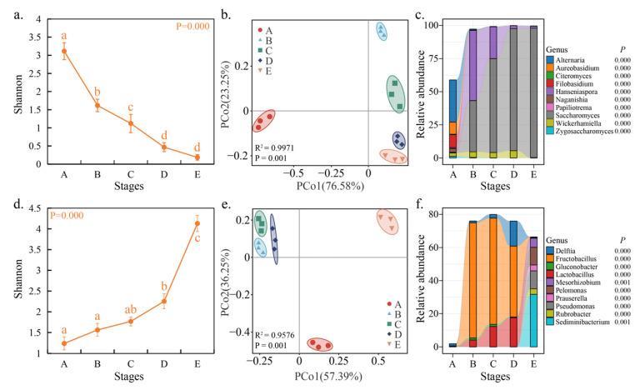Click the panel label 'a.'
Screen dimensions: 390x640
pyautogui.click(x=15, y=10)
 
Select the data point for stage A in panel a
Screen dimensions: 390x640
pyautogui.click(x=64, y=51)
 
